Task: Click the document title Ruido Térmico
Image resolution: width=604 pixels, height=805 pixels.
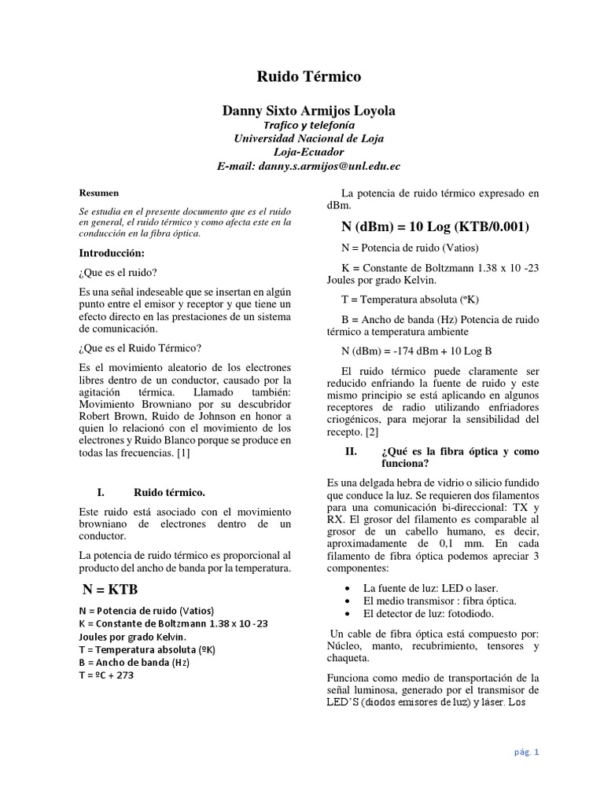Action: coord(309,76)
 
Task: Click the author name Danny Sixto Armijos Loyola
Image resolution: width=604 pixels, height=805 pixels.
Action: coord(309,112)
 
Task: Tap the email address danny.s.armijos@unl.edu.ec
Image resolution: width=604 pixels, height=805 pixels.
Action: coord(309,166)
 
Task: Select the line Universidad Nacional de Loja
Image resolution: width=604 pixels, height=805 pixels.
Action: coord(309,138)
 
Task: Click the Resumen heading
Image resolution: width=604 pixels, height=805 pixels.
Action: coord(100,192)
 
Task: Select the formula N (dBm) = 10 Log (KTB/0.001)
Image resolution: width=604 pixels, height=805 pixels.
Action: coord(435,227)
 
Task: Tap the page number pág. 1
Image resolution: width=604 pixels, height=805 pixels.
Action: coord(526,752)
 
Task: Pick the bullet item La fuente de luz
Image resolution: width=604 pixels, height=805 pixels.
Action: coord(429,587)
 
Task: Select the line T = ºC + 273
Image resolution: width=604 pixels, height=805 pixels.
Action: coord(107,675)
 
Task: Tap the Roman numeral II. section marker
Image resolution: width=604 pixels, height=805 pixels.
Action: coord(352,451)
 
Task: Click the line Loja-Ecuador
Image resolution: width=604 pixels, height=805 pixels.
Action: coord(309,152)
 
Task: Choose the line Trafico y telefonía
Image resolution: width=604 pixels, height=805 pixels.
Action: coord(309,125)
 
